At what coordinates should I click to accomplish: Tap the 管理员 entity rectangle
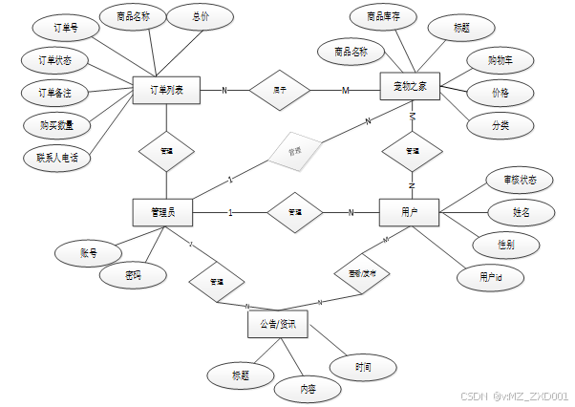[162, 211]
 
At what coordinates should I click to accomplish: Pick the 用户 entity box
[410, 211]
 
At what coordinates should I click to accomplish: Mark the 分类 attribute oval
[500, 125]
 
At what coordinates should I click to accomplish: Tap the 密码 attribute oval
[134, 275]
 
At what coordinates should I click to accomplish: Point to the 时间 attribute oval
[363, 366]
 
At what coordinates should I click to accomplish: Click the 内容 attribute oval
[308, 389]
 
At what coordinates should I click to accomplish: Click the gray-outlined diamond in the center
[294, 151]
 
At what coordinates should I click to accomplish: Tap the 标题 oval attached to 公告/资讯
[240, 375]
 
